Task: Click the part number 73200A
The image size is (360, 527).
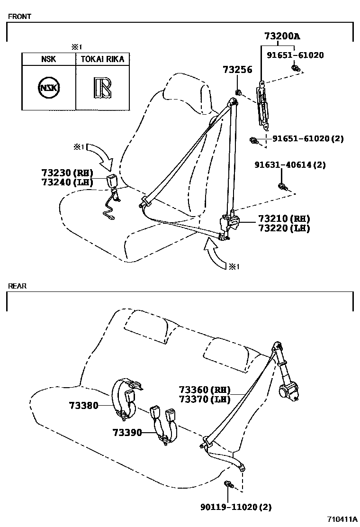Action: pyautogui.click(x=283, y=36)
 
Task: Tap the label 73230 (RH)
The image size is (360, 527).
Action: pyautogui.click(x=67, y=173)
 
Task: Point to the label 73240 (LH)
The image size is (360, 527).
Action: pyautogui.click(x=67, y=182)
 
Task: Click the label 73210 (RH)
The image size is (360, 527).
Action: pyautogui.click(x=284, y=219)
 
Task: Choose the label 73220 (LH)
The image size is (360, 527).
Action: pyautogui.click(x=284, y=228)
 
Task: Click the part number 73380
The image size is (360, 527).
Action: pyautogui.click(x=83, y=405)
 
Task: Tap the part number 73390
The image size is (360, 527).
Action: pyautogui.click(x=127, y=432)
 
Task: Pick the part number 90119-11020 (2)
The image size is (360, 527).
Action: pyautogui.click(x=235, y=507)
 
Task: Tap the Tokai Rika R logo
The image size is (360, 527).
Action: pyautogui.click(x=102, y=88)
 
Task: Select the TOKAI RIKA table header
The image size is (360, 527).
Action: pyautogui.click(x=102, y=59)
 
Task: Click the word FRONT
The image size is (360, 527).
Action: pyautogui.click(x=19, y=16)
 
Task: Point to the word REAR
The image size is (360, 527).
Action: pyautogui.click(x=17, y=286)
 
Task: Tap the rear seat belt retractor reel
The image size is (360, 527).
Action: pyautogui.click(x=288, y=392)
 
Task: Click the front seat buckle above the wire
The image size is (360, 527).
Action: pyautogui.click(x=114, y=181)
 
